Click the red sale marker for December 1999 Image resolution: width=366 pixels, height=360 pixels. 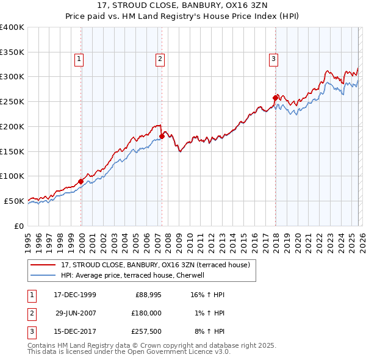[81, 181]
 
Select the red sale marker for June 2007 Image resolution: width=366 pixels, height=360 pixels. [162, 137]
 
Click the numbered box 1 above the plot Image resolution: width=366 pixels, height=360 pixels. [79, 59]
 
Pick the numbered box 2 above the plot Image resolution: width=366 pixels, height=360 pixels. [160, 59]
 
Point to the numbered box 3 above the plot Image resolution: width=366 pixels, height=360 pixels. [273, 59]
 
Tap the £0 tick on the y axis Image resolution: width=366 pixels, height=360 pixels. [18, 226]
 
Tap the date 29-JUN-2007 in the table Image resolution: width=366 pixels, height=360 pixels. [76, 313]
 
